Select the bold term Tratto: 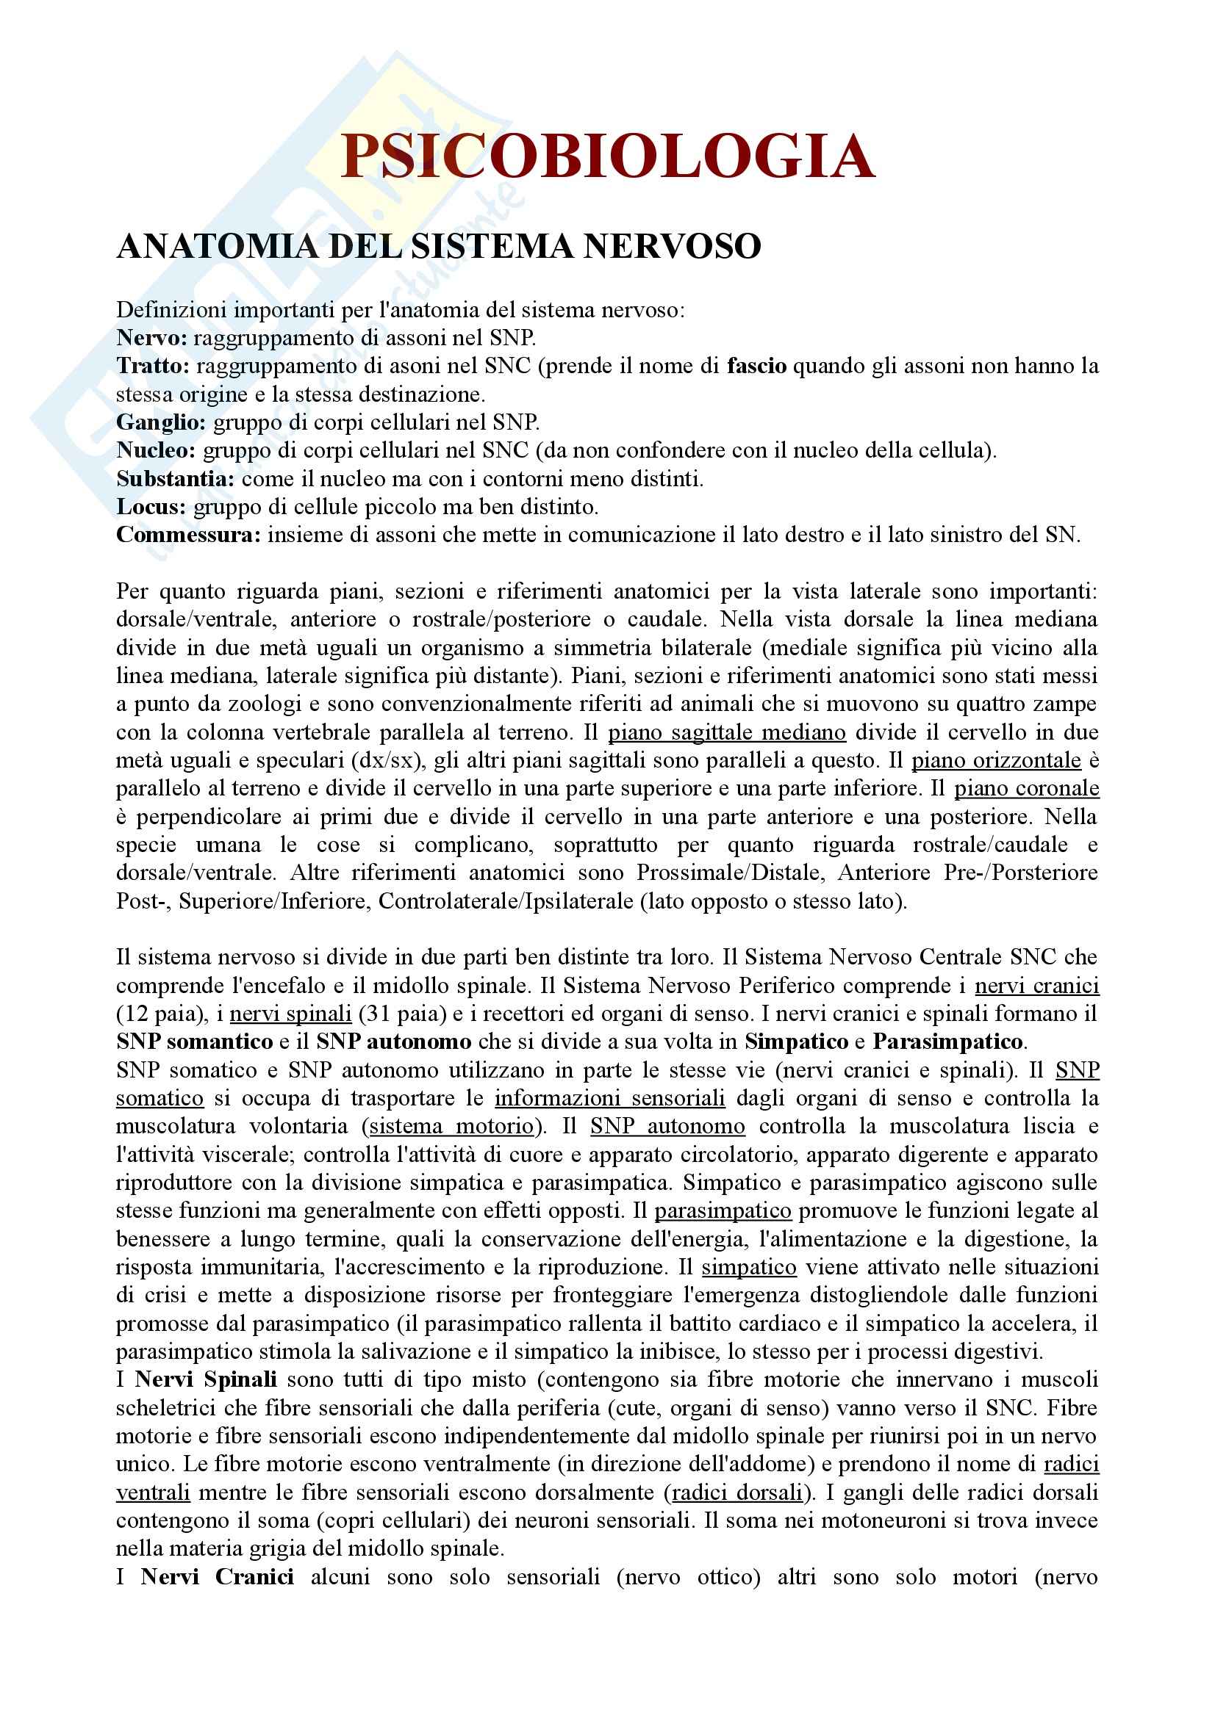153,366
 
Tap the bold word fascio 756,366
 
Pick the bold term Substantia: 176,479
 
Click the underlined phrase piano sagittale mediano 726,732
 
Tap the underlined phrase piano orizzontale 996,761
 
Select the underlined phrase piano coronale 1026,789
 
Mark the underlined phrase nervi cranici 1037,986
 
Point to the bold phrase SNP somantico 195,1042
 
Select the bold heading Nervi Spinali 207,1379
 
